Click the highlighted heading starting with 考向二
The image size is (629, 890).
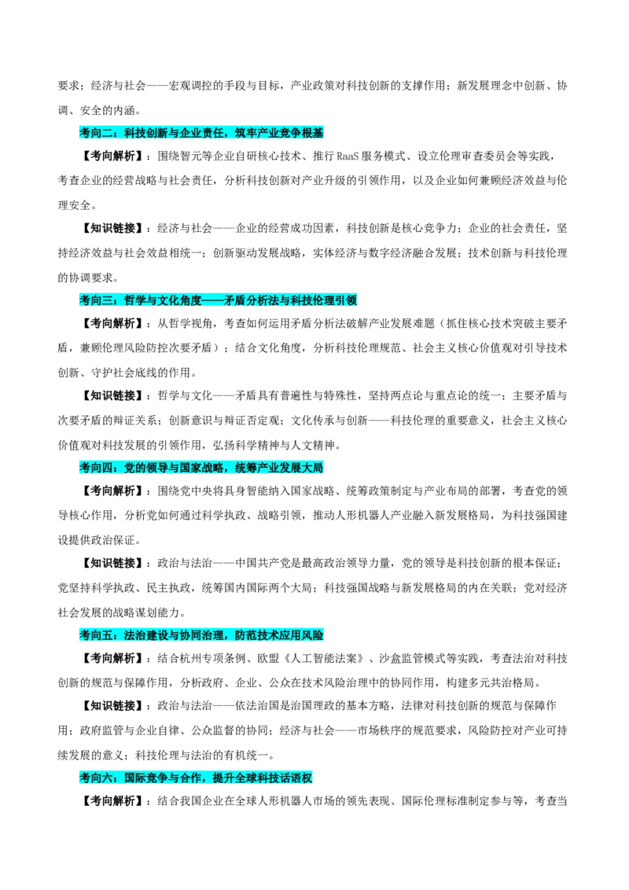[x=201, y=133]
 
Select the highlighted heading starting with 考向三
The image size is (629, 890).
[x=218, y=300]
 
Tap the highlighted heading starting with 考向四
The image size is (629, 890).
[x=201, y=468]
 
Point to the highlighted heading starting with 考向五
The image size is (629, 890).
[x=201, y=635]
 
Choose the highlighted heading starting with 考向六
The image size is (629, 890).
[x=196, y=778]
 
